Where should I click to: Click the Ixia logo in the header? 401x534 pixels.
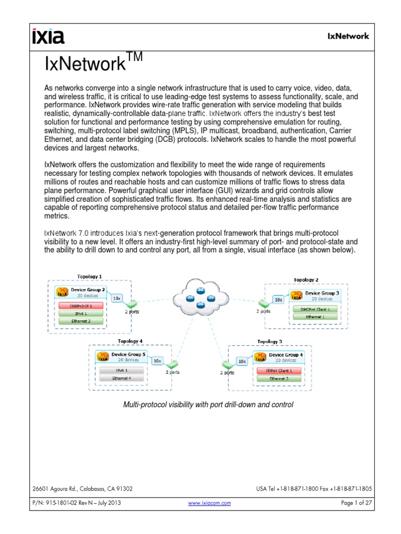coord(48,37)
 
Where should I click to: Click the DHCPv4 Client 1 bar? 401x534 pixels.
coord(314,309)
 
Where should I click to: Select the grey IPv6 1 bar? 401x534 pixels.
coord(122,370)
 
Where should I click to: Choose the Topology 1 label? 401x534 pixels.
coord(90,276)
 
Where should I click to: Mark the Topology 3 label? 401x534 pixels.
coord(270,342)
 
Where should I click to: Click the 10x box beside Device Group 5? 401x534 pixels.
coord(158,360)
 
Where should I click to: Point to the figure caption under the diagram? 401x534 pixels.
coord(208,404)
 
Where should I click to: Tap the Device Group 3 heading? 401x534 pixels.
coord(322,294)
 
